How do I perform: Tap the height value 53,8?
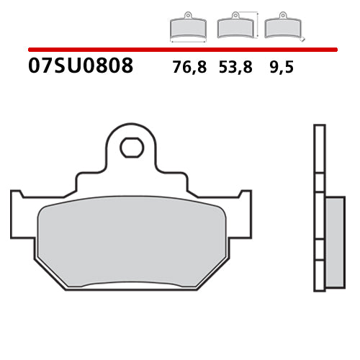tap(236, 68)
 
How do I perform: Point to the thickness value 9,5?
tap(281, 68)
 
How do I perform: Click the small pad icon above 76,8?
tap(187, 27)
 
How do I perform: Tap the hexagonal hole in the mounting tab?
tap(131, 148)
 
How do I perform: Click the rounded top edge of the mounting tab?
tap(131, 126)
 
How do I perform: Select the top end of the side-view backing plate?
tap(319, 128)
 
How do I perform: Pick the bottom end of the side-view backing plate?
tap(319, 289)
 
